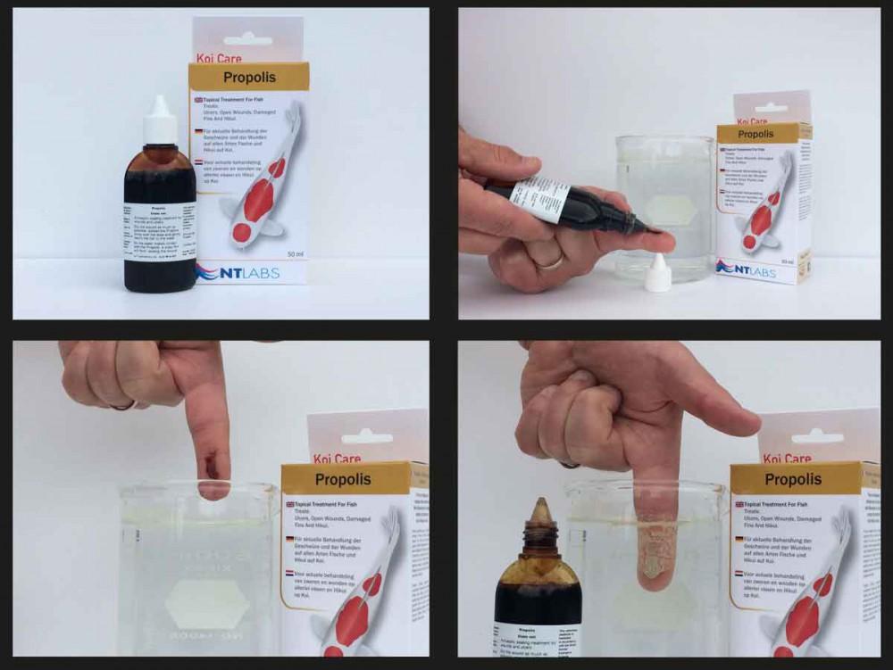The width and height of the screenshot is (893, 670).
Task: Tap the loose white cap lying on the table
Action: [657, 274]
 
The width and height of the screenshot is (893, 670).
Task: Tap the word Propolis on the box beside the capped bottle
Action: [249, 77]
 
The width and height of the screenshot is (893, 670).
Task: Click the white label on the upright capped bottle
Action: [160, 223]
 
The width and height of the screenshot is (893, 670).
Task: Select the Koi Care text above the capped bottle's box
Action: [217, 60]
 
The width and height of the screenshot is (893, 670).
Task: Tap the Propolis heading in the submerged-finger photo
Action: [792, 480]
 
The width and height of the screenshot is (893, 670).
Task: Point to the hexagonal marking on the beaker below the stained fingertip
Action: [207, 595]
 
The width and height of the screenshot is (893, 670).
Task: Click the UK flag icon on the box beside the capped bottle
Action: [197, 101]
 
